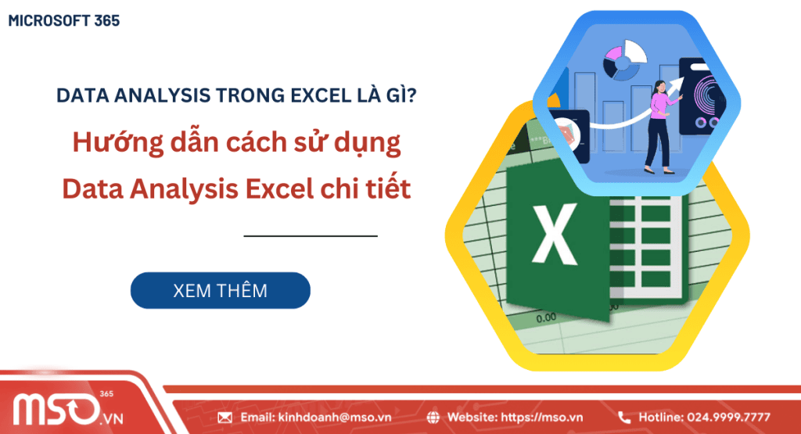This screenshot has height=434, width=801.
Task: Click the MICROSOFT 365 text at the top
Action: [64, 21]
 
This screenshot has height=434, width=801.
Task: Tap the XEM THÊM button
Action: [220, 291]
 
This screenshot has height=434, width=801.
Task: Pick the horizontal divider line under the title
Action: [311, 235]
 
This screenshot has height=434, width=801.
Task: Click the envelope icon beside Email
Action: [225, 417]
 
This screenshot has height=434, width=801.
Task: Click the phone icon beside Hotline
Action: [624, 417]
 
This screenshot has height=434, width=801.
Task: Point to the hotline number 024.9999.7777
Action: [727, 417]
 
